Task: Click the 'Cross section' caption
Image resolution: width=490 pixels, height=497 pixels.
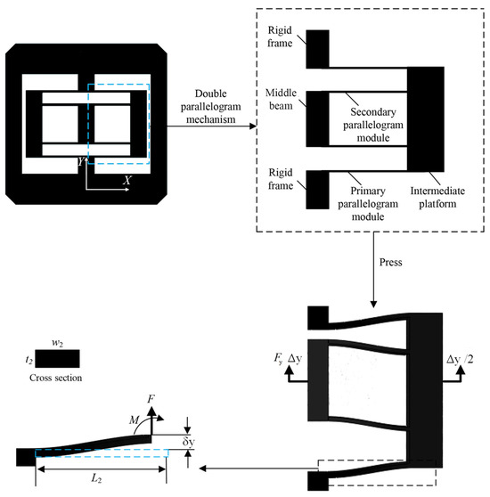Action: pos(55,377)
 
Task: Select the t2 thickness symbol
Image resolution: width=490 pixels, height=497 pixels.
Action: pos(28,359)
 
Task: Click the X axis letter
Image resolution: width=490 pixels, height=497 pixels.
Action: pos(127,179)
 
